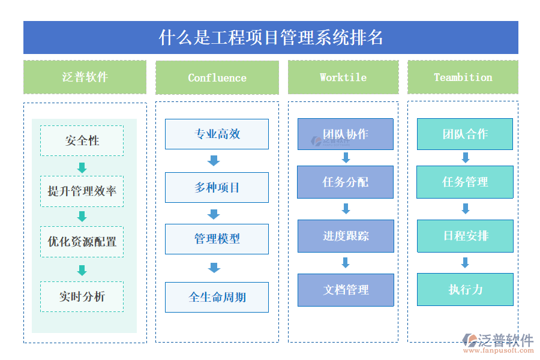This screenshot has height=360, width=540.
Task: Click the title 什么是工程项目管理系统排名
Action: coord(271,38)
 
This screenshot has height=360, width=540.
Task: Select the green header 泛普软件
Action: coord(85,77)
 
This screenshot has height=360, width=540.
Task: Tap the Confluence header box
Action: coord(217,77)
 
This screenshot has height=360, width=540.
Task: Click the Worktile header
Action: coord(343,77)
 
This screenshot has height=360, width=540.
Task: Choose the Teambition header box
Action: coord(463,77)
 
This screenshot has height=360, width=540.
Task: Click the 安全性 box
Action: coord(82,141)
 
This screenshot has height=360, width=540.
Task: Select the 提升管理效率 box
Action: coord(82,191)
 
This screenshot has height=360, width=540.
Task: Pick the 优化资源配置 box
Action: coord(82,242)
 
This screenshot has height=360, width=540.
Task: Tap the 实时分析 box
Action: coord(82,296)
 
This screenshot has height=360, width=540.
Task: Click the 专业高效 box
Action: coord(217,134)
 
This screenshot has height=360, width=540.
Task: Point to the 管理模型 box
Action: coord(217,239)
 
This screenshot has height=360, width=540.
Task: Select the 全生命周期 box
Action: coord(217,297)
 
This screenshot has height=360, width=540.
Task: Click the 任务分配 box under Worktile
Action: coord(346,182)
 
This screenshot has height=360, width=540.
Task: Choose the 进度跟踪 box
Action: coord(346,236)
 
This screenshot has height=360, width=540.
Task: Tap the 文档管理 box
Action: coord(346,290)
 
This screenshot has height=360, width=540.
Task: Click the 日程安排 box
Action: coord(465,236)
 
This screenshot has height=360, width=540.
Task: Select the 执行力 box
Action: coord(465,290)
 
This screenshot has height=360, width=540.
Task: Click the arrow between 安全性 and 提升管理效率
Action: coord(82,167)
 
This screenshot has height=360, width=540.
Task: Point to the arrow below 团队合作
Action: coord(465,158)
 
